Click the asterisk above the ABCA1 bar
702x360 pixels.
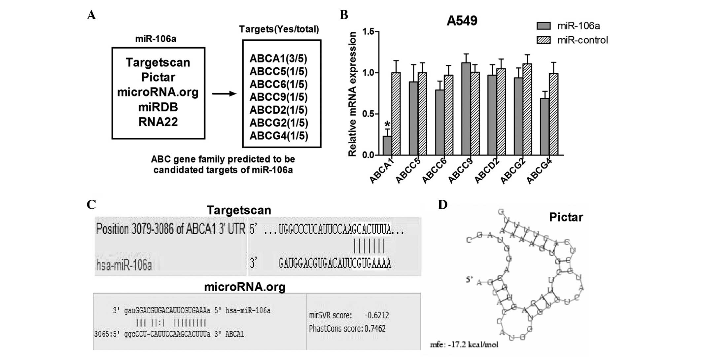[387, 124]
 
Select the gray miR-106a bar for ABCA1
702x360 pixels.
[387, 146]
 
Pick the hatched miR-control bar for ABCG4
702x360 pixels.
[554, 114]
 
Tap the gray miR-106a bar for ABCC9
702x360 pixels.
[466, 109]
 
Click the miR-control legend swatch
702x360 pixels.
[544, 40]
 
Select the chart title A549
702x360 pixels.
[462, 21]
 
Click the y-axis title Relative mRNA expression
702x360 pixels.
[353, 94]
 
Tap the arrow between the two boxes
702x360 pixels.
[224, 94]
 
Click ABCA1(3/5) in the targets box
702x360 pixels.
[278, 59]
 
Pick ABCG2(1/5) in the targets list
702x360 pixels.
[278, 123]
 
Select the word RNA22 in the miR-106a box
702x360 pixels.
[158, 122]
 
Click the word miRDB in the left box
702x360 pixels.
[158, 107]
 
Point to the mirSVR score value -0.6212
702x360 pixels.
[376, 315]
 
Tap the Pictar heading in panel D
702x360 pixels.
[566, 217]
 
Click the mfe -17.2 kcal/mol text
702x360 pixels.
[464, 345]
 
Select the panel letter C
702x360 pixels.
[91, 205]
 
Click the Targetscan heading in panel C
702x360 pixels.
[239, 210]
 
